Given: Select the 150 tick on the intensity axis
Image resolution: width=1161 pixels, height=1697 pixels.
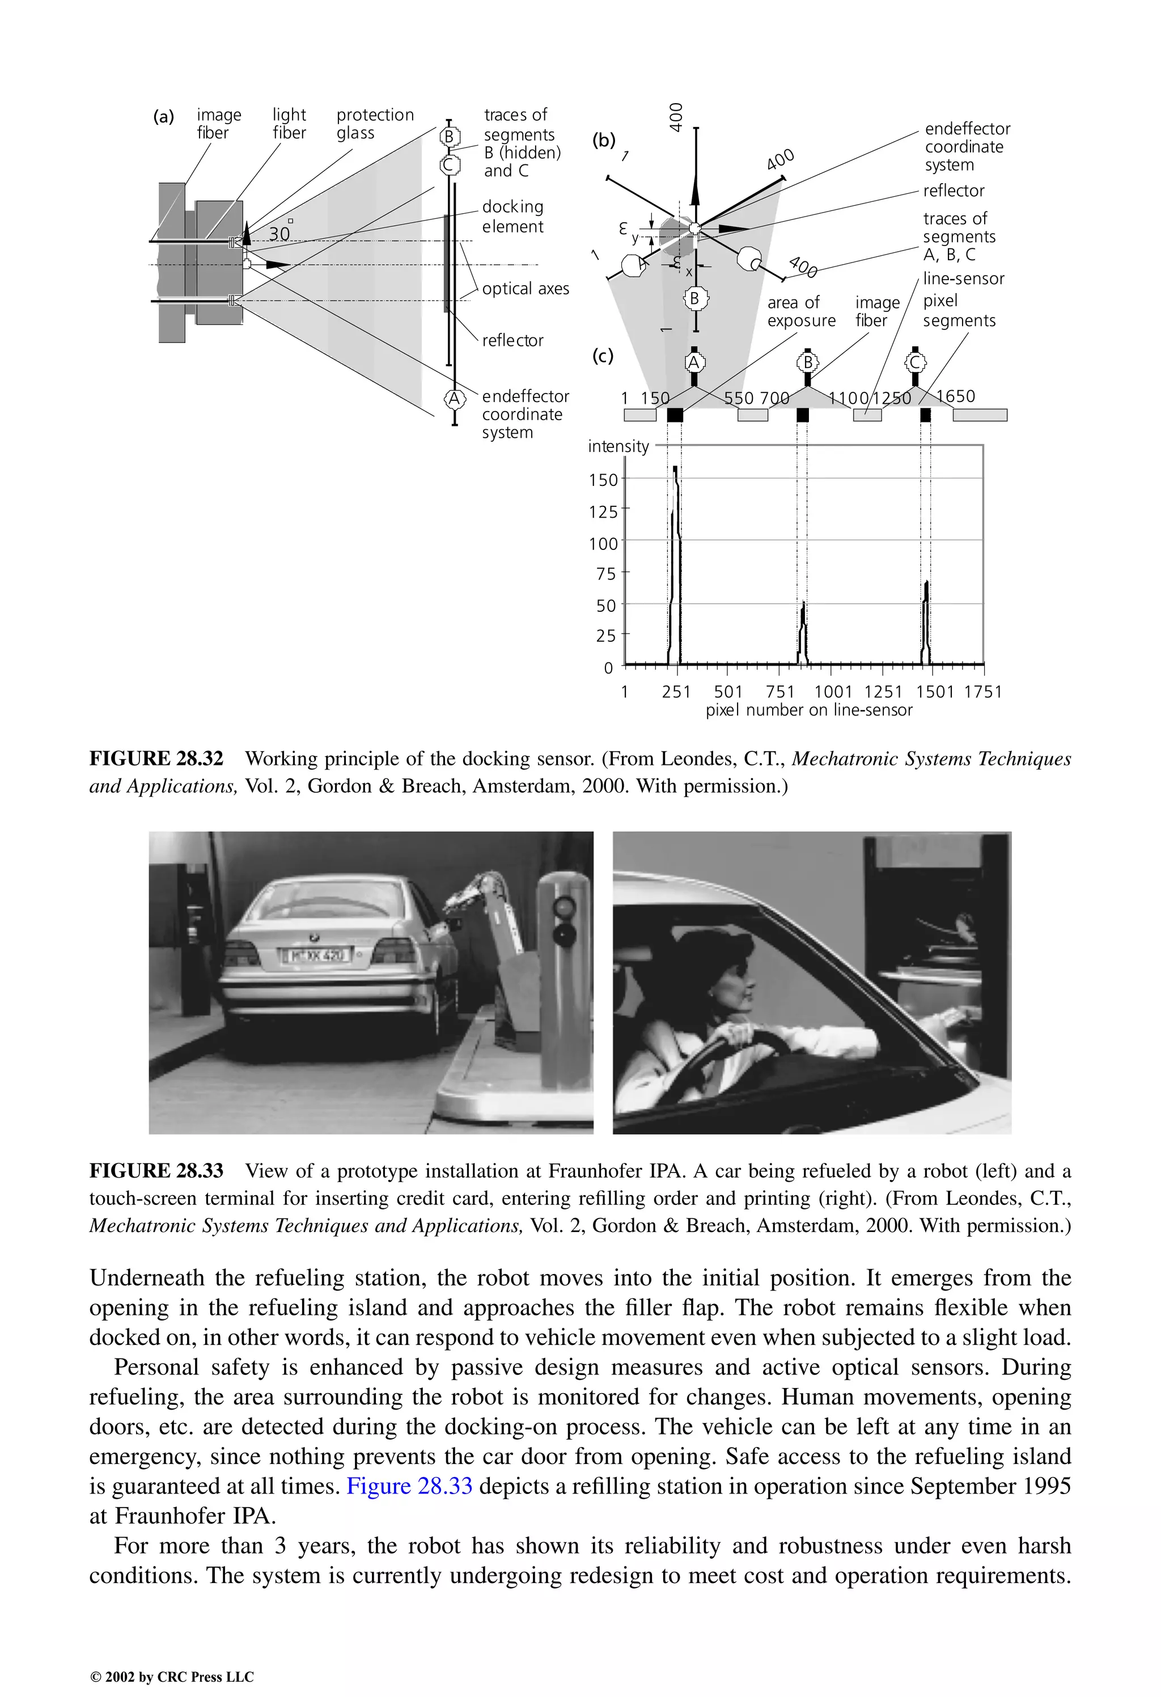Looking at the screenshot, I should pos(603,480).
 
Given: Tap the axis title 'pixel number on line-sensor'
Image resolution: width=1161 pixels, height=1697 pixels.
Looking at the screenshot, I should pos(808,710).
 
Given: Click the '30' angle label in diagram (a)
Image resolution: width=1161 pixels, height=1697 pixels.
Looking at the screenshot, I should pos(279,234).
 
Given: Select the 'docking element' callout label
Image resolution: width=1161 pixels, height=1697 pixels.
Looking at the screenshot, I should pos(512,216).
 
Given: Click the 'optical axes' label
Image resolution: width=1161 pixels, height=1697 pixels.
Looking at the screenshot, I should pos(525,289).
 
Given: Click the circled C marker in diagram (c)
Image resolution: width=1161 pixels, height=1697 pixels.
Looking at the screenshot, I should pos(915,362).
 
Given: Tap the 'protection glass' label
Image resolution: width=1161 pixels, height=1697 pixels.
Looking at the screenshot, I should pos(375,124).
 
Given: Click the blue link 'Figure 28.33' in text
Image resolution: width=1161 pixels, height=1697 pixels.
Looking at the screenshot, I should pos(409,1486).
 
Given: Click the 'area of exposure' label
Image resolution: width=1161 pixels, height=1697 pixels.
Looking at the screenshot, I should pos(800,311).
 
